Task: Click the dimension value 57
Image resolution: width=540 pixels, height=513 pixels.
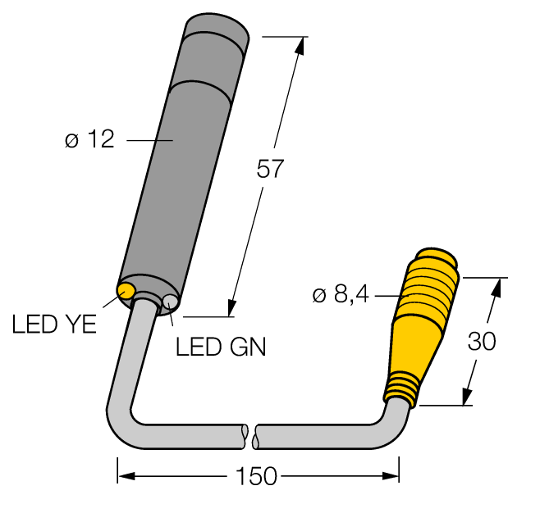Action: [x=270, y=170]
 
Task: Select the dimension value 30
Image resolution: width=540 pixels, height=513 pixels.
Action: [x=483, y=341]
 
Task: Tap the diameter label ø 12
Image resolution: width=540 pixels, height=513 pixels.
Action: [x=89, y=141]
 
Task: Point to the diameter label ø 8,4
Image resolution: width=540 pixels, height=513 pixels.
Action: [x=341, y=294]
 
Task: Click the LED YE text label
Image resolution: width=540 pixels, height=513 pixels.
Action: [x=54, y=325]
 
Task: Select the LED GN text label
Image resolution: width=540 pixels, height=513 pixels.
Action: [x=221, y=347]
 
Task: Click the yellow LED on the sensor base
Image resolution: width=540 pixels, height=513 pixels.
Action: [x=127, y=289]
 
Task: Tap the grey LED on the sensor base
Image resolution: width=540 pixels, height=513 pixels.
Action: [x=170, y=302]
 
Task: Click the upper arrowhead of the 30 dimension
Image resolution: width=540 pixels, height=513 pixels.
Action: [x=496, y=287]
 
